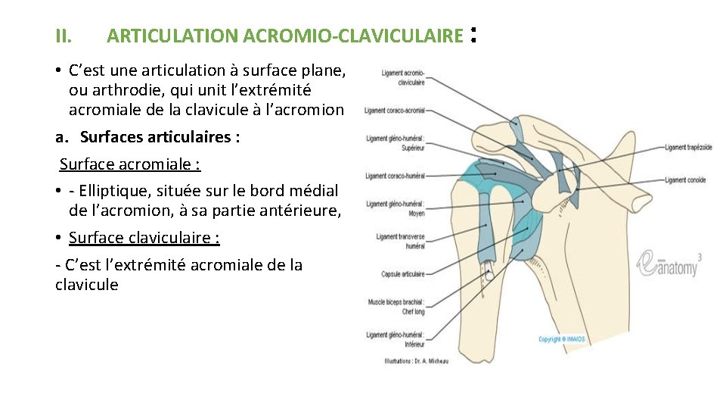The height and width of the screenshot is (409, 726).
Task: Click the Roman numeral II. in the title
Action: pyautogui.click(x=64, y=36)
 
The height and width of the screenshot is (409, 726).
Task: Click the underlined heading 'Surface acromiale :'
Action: pyautogui.click(x=129, y=164)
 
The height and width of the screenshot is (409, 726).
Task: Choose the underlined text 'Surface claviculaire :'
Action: pyautogui.click(x=144, y=238)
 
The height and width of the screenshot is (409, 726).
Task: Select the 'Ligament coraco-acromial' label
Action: pyautogui.click(x=395, y=111)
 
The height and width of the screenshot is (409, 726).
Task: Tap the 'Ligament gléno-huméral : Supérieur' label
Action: pyautogui.click(x=395, y=143)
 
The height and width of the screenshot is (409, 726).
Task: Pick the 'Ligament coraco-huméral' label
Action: pyautogui.click(x=395, y=176)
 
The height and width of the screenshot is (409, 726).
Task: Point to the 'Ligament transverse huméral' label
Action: pyautogui.click(x=401, y=242)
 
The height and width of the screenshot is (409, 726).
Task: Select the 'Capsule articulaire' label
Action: pyautogui.click(x=402, y=274)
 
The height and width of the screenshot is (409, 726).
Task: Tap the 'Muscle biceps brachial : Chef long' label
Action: pyautogui.click(x=396, y=307)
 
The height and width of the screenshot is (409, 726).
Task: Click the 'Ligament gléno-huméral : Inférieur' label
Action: pyautogui.click(x=395, y=339)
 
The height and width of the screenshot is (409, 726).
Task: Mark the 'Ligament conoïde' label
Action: pyautogui.click(x=686, y=180)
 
